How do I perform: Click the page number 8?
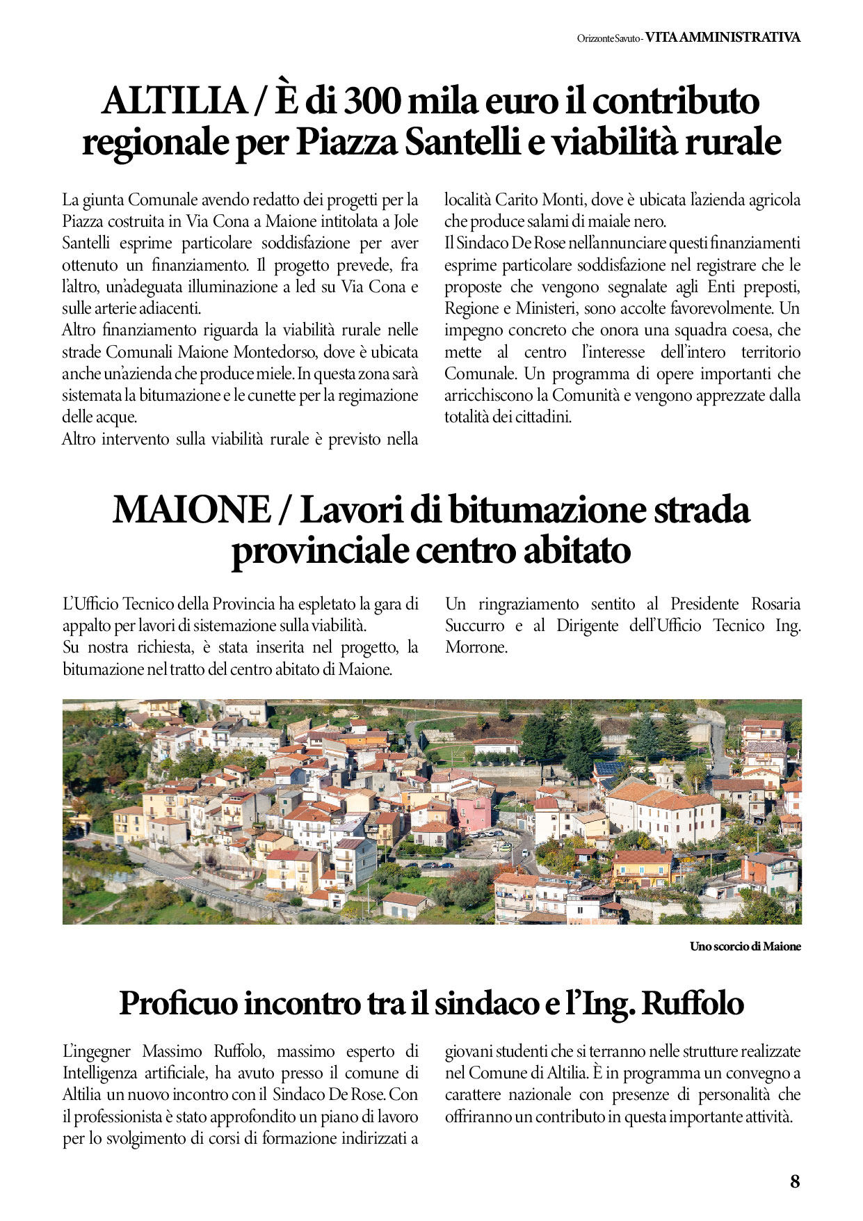pyautogui.click(x=795, y=1181)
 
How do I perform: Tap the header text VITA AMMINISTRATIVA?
pyautogui.click(x=723, y=38)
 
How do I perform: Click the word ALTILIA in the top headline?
pyautogui.click(x=174, y=101)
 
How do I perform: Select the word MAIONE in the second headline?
pyautogui.click(x=191, y=509)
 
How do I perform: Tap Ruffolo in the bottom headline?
pyautogui.click(x=692, y=1003)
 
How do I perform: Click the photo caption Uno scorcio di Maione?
pyautogui.click(x=745, y=946)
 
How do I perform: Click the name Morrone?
pyautogui.click(x=476, y=647)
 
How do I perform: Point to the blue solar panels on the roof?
pyautogui.click(x=609, y=769)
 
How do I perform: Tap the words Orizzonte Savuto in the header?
pyautogui.click(x=608, y=39)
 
